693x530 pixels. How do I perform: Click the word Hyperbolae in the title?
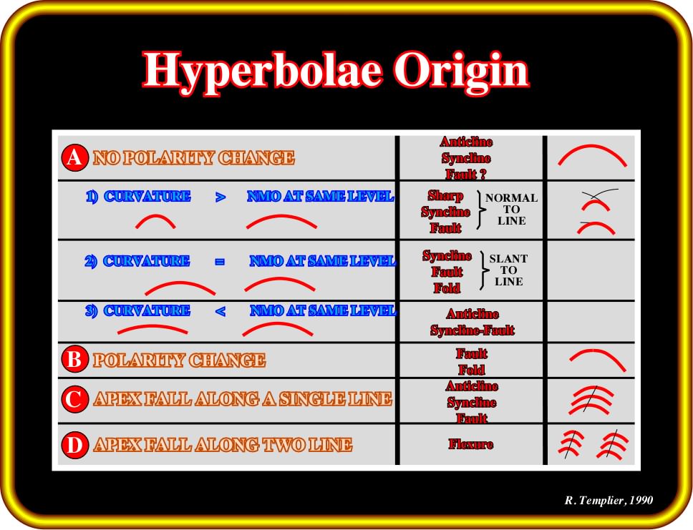(x=261, y=72)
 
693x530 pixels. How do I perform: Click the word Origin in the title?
(x=461, y=72)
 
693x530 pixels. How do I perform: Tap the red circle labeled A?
(x=74, y=157)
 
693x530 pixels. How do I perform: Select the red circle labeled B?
(x=74, y=360)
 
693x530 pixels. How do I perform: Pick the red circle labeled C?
(x=74, y=399)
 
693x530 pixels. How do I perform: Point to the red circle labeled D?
(x=74, y=445)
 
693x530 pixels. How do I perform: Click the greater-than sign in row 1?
(x=220, y=197)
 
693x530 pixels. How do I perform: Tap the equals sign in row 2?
(x=220, y=262)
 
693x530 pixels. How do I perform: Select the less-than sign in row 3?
(x=220, y=311)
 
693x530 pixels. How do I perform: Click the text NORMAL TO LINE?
(x=511, y=209)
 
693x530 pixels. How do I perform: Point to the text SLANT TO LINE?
(x=508, y=270)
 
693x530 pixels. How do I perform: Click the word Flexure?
(x=470, y=444)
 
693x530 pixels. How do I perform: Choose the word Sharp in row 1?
(x=445, y=196)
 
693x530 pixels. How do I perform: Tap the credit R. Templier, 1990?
(x=609, y=500)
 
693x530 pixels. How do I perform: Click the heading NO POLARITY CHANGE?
(x=193, y=157)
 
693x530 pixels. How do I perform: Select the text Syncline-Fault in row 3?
(x=472, y=330)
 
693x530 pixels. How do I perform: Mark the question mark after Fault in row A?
(x=483, y=174)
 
